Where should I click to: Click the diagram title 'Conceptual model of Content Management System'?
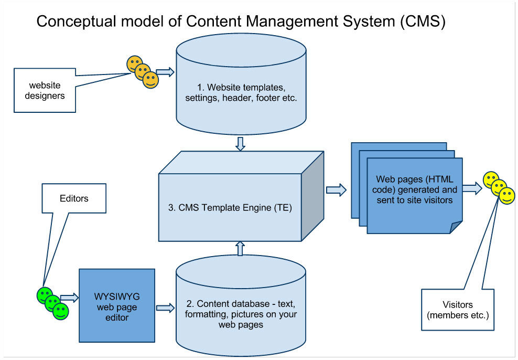(241, 22)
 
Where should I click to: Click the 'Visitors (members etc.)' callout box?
(457, 310)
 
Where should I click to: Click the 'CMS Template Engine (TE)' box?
(231, 207)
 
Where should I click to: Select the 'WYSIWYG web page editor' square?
(117, 304)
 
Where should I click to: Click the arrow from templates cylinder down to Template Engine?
(240, 144)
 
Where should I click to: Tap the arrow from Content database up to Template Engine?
(240, 248)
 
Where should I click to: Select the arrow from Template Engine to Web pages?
(336, 189)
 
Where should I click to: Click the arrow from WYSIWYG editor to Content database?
(165, 308)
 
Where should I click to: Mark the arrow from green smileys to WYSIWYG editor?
(69, 298)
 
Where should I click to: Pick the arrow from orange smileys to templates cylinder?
(165, 72)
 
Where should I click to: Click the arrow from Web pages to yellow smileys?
(472, 188)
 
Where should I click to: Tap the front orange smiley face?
(150, 80)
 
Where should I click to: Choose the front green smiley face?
(60, 311)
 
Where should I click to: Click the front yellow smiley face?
(506, 196)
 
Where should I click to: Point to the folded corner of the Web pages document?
(456, 227)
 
